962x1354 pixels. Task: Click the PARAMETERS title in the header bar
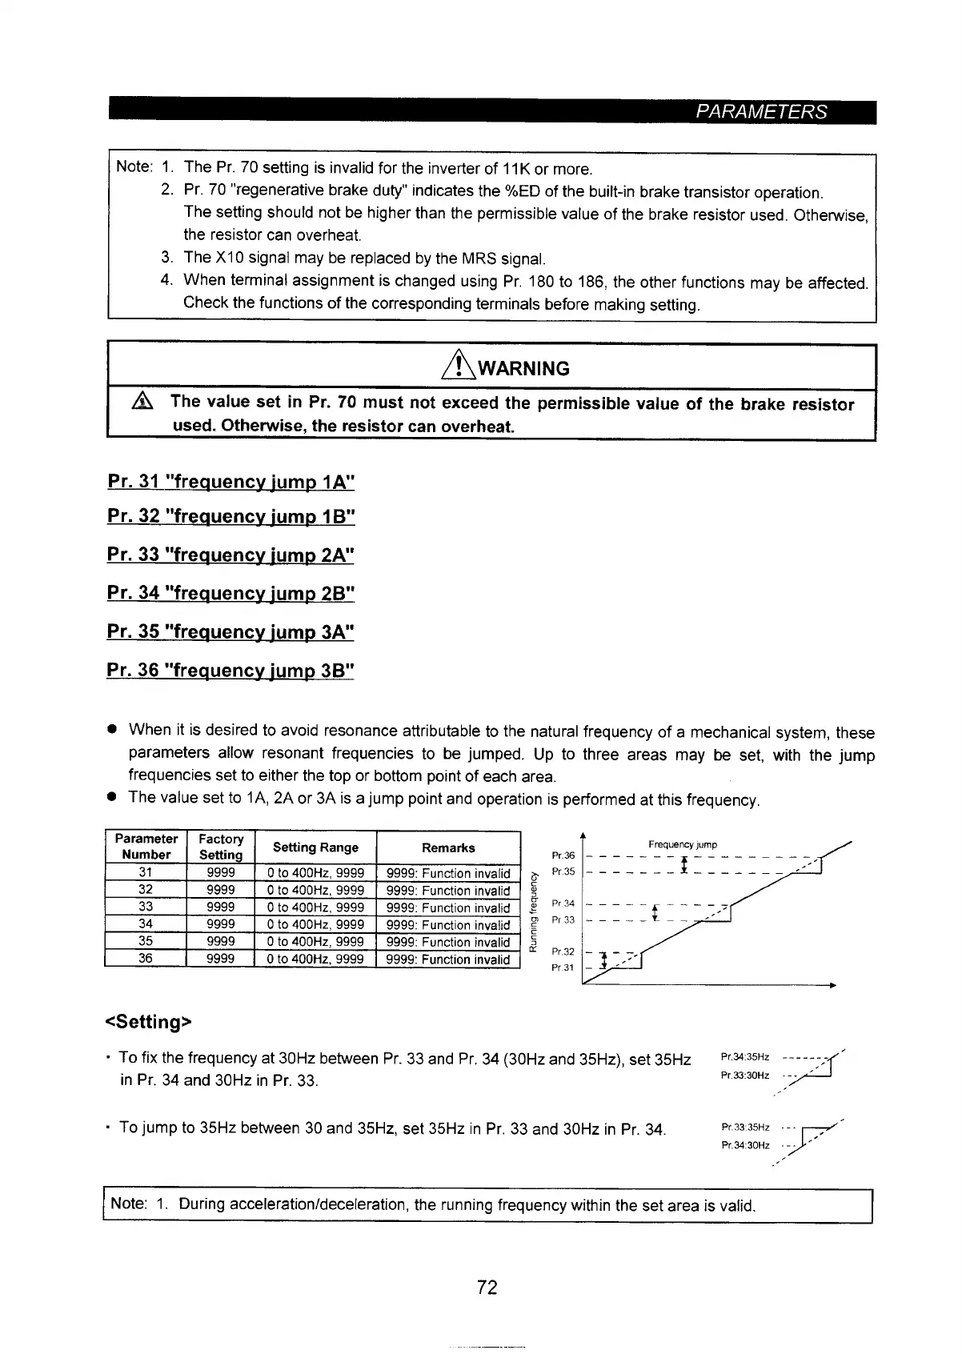(x=760, y=112)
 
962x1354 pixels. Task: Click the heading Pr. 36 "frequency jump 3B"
(x=230, y=669)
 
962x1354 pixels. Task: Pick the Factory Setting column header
(x=220, y=847)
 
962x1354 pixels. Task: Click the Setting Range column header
(x=315, y=847)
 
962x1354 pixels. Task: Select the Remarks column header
(x=448, y=847)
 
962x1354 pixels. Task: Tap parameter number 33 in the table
(x=146, y=907)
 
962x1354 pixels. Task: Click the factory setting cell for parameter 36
(x=220, y=958)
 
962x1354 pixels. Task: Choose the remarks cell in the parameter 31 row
(x=448, y=873)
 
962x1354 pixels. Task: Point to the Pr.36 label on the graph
(x=563, y=855)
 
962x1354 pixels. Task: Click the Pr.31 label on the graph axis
(x=563, y=967)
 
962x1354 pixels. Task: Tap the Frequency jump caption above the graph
(x=682, y=844)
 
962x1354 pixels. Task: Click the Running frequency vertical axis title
(x=532, y=911)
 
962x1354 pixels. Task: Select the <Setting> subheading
(x=148, y=1022)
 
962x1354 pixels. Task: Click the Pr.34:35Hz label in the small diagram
(x=745, y=1056)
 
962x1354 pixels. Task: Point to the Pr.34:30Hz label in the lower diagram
(x=745, y=1145)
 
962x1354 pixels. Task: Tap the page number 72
(x=487, y=1287)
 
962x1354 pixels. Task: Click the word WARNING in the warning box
(x=523, y=369)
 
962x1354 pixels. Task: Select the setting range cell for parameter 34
(x=315, y=924)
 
